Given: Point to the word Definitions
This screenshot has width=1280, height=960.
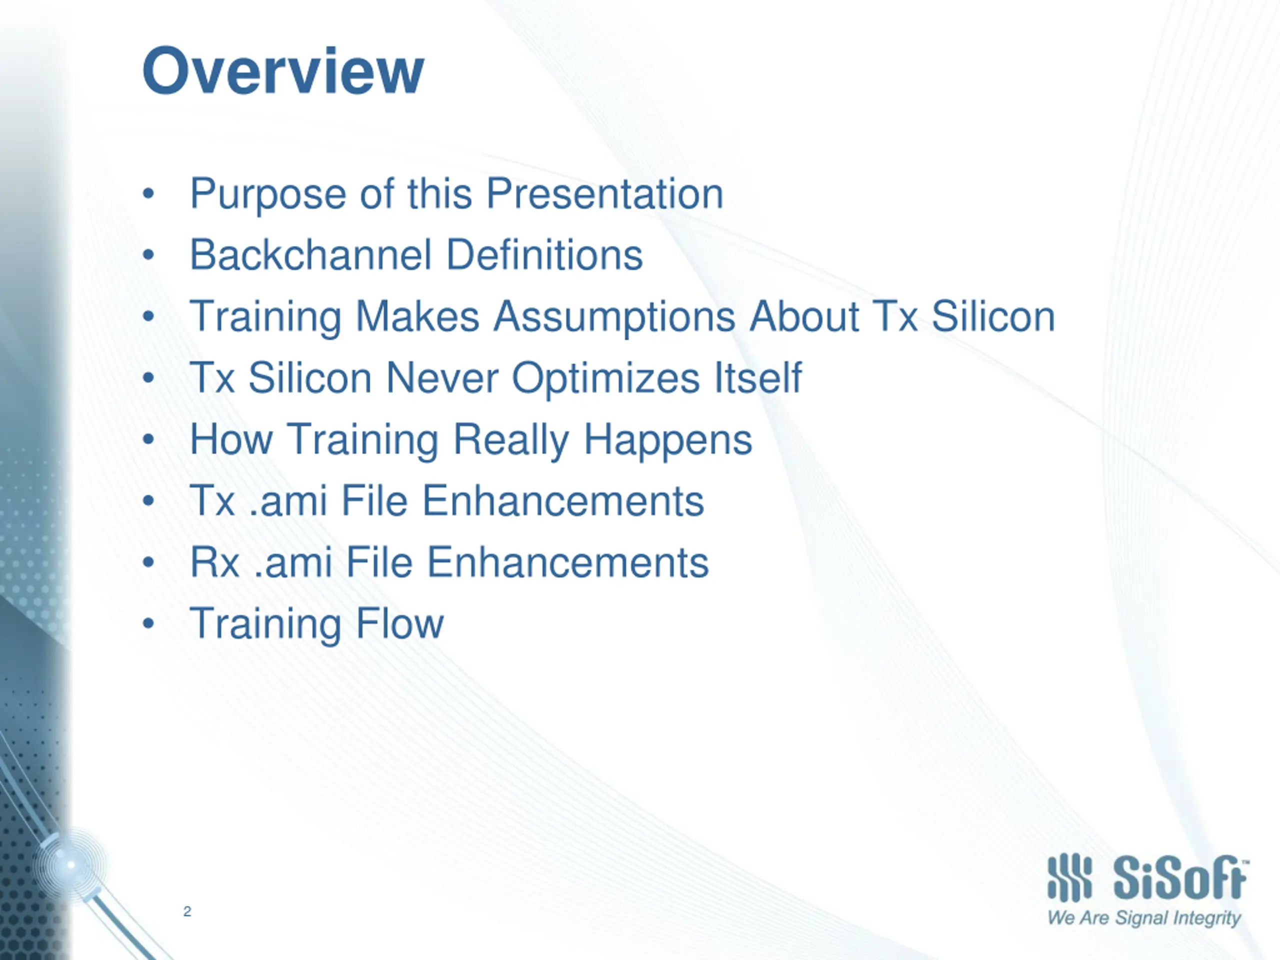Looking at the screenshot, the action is (544, 254).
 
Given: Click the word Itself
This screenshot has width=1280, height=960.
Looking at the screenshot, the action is (757, 378).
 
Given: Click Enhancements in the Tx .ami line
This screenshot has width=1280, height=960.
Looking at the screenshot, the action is (563, 500).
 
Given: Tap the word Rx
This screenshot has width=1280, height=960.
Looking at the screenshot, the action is (214, 562).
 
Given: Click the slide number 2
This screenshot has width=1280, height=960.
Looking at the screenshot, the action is (187, 911).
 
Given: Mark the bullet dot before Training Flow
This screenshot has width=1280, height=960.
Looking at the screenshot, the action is (148, 624).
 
